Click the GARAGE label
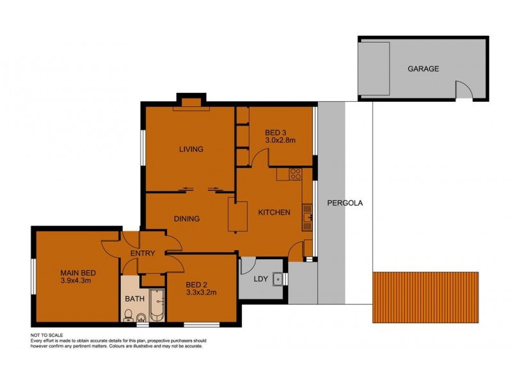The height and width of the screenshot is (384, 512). (x=424, y=68)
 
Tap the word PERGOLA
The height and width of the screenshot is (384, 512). (x=345, y=203)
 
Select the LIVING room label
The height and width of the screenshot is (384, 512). (x=191, y=149)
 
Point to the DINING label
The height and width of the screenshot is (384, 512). (x=187, y=218)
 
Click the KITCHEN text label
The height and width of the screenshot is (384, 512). (x=274, y=212)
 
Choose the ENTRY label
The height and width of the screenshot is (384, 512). (x=142, y=253)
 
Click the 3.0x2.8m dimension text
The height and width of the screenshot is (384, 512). (x=280, y=141)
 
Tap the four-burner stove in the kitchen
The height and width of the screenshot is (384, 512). (x=295, y=173)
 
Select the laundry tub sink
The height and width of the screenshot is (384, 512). (x=278, y=279)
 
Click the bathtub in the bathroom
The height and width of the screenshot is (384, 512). (x=156, y=305)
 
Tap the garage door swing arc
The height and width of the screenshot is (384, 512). (x=465, y=90)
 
